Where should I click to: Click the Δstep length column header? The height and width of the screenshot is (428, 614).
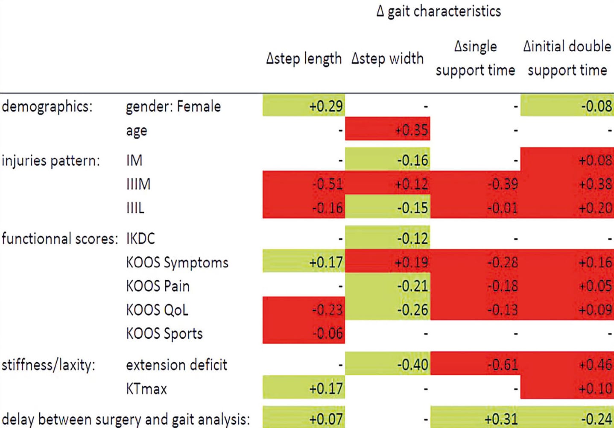coord(304,59)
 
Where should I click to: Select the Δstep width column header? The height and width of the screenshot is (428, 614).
coord(387,59)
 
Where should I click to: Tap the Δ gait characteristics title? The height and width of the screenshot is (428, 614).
coord(439,12)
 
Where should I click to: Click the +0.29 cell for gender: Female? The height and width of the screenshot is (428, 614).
coord(325,106)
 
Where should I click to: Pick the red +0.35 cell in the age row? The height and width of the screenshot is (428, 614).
coord(411,129)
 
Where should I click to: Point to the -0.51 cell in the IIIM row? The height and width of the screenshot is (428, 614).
coord(327,184)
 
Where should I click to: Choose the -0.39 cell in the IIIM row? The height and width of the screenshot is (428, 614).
coord(503,184)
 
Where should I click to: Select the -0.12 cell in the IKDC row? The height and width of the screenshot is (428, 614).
coord(412,238)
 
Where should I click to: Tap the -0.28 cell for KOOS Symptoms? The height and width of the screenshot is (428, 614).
coord(503,262)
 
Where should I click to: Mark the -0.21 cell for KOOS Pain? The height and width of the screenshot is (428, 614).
coord(412,286)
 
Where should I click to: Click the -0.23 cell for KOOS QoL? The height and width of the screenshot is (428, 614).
coord(327,309)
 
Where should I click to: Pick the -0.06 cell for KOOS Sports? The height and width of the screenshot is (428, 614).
coord(327,333)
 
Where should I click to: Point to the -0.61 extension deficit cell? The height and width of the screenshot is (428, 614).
coord(503,365)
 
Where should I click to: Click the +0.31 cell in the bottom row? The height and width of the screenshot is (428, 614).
coord(501,419)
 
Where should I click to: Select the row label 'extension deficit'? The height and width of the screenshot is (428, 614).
coord(176,365)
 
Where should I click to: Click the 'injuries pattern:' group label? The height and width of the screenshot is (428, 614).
coord(50,161)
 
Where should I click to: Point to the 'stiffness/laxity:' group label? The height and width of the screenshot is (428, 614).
coord(48,365)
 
